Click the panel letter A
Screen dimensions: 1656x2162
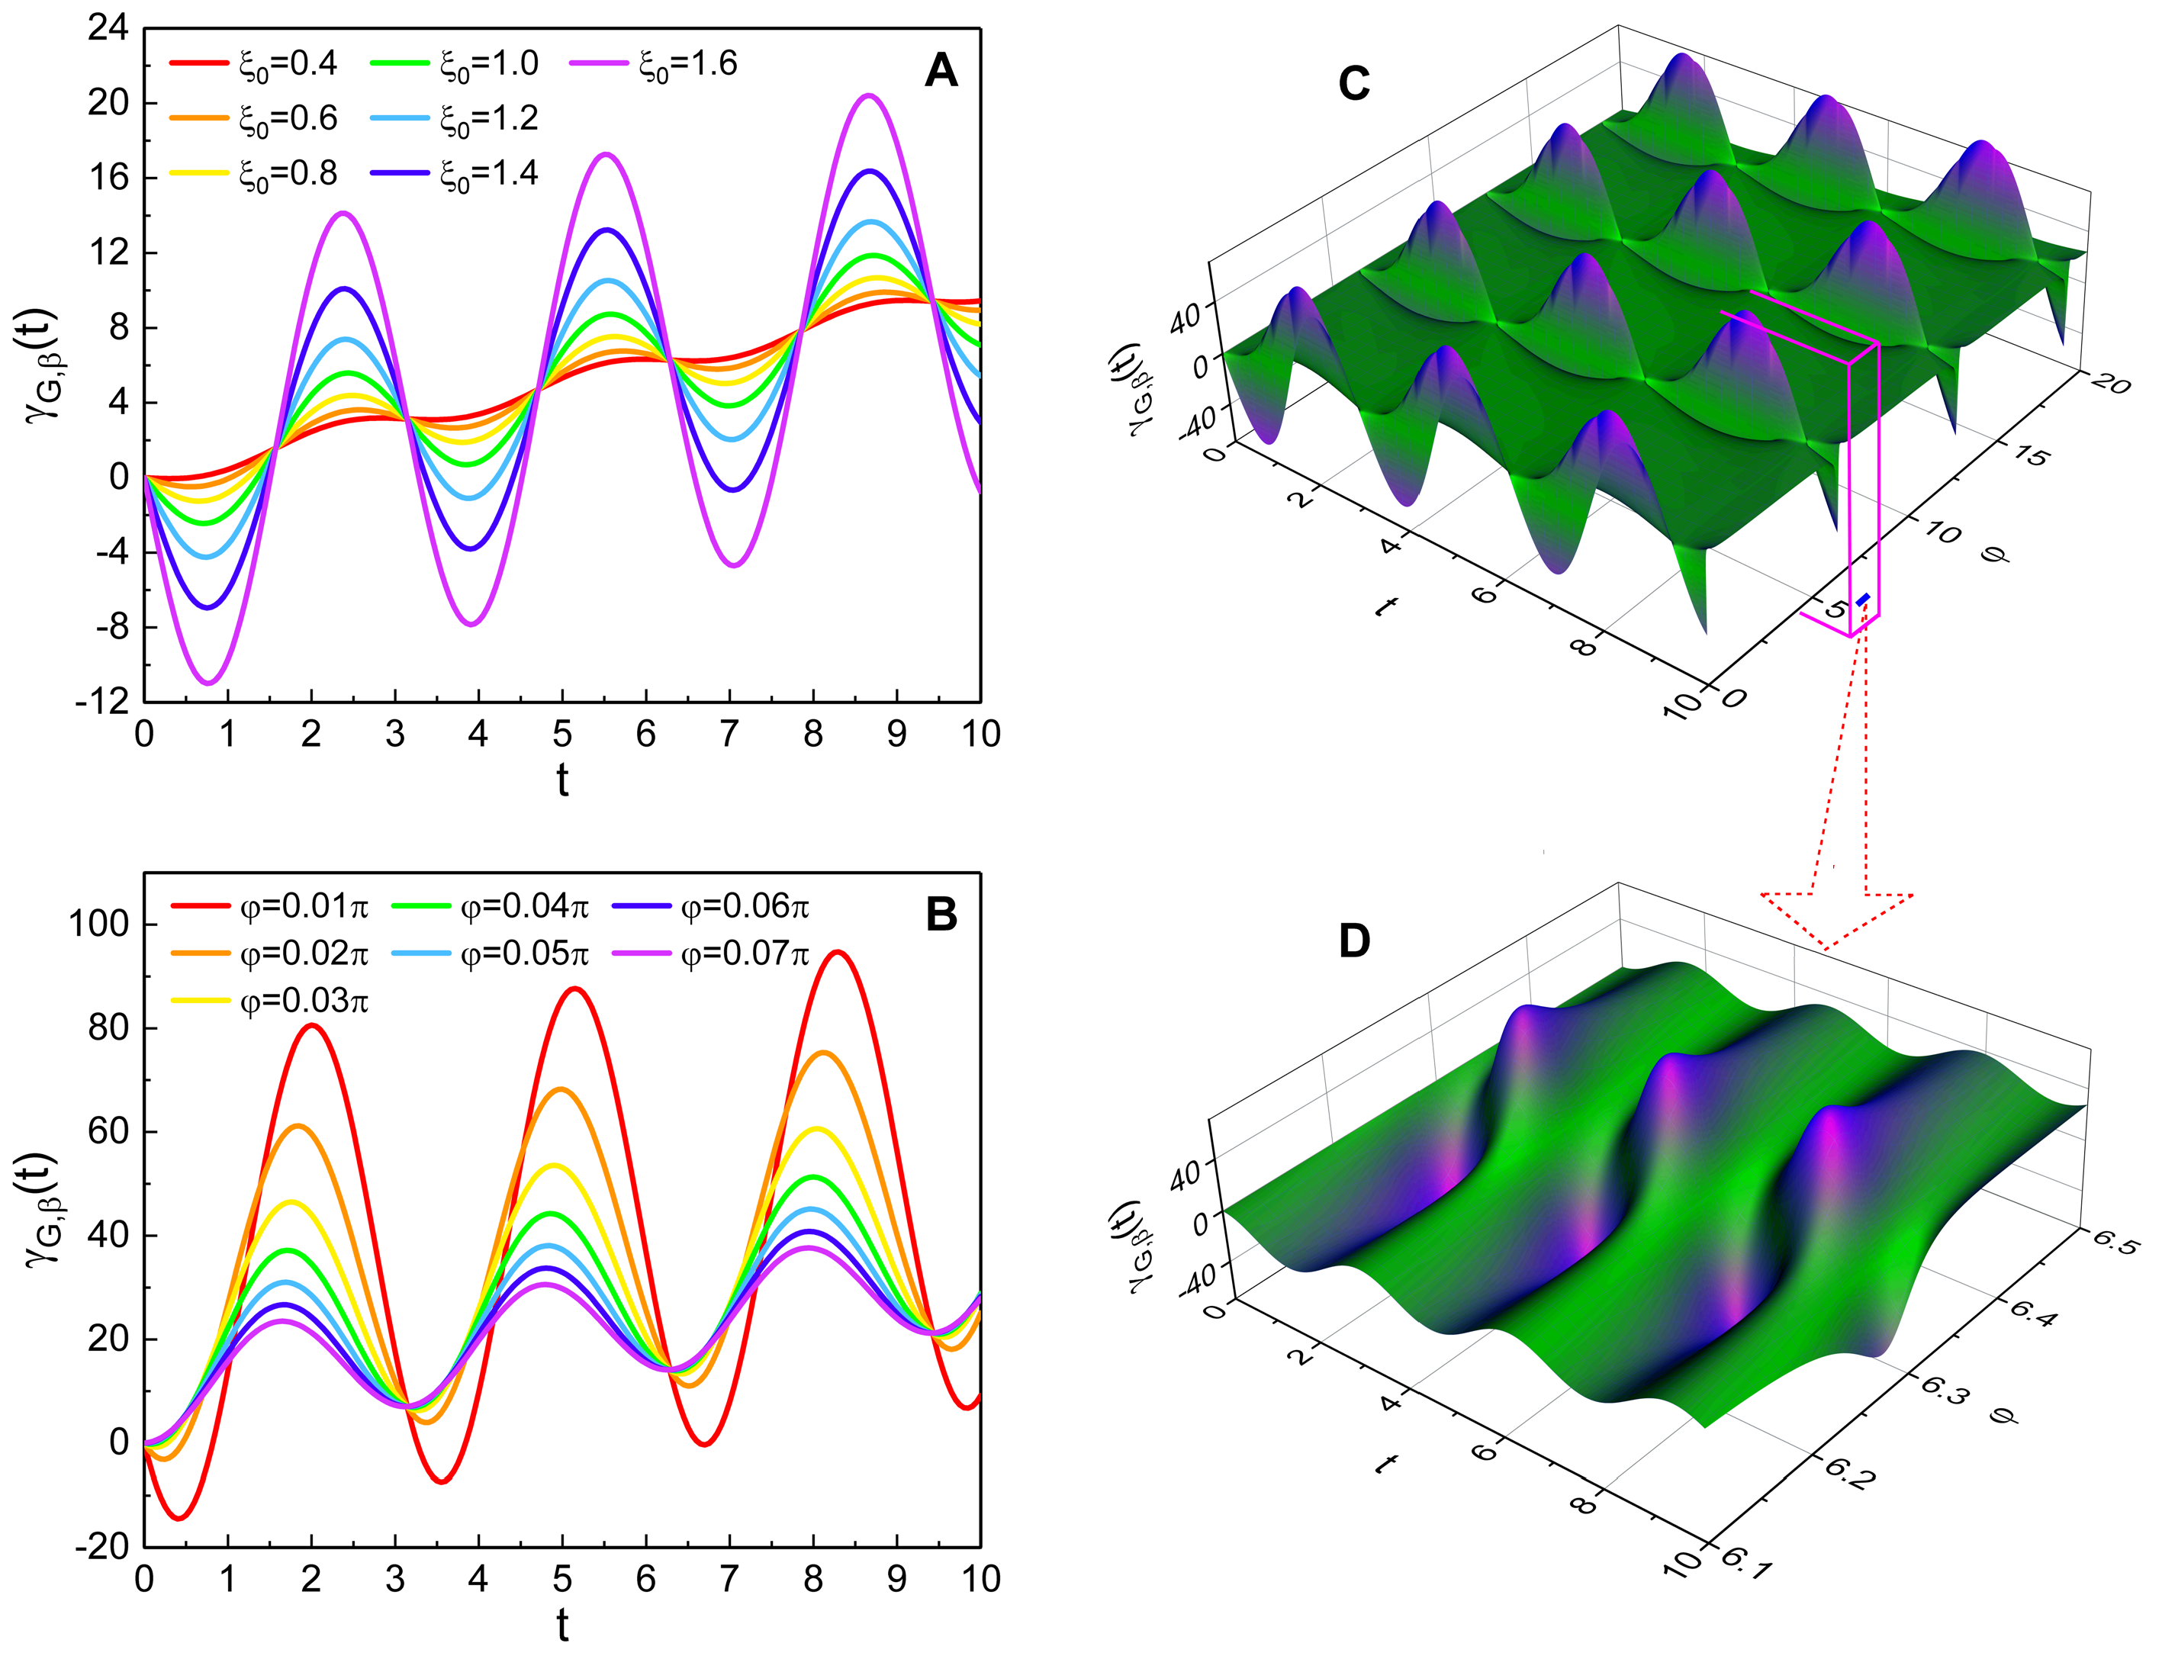[941, 72]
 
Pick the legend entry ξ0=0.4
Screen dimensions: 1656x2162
[287, 64]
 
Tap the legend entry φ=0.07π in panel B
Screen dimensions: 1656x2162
[745, 953]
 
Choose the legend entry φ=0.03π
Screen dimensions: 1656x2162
[304, 1002]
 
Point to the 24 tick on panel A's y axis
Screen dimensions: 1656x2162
[108, 27]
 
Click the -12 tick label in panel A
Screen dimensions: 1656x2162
[102, 702]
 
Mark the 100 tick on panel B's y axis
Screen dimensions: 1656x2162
[98, 924]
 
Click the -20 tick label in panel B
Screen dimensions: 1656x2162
[102, 1545]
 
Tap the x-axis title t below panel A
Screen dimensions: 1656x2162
[562, 780]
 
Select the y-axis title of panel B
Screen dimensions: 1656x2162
[41, 1211]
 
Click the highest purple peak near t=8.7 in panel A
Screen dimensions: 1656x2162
[870, 95]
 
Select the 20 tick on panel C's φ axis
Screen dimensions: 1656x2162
[2111, 382]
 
